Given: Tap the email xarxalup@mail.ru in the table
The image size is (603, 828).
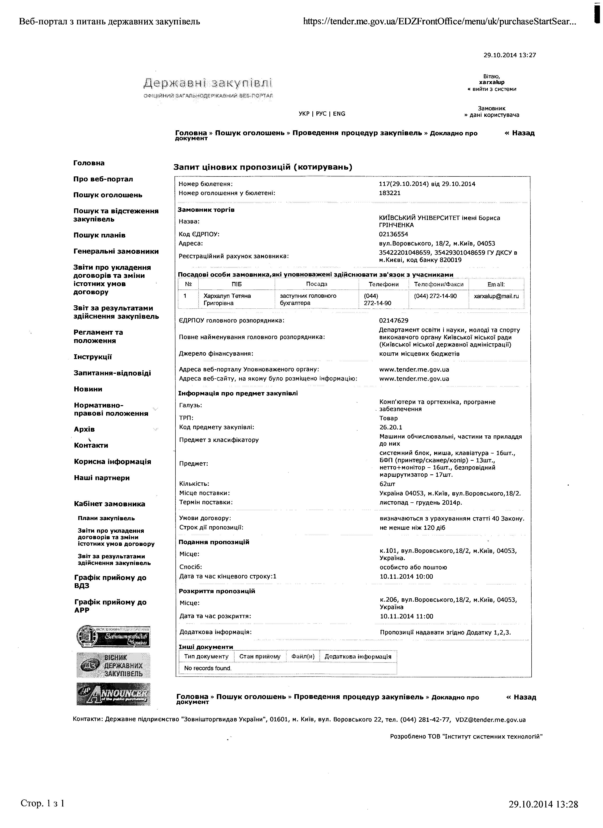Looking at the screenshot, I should pyautogui.click(x=496, y=296).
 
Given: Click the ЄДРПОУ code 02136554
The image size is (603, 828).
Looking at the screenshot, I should pyautogui.click(x=393, y=234).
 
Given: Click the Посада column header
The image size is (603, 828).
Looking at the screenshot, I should pyautogui.click(x=316, y=284).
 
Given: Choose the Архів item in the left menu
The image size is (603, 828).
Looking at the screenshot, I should pyautogui.click(x=84, y=429).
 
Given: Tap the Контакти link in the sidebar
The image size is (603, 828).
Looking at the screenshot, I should pyautogui.click(x=91, y=445).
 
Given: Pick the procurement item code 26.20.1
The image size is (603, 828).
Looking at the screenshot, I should pyautogui.click(x=391, y=427).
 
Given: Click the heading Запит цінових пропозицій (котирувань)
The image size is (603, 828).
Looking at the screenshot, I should pyautogui.click(x=263, y=167).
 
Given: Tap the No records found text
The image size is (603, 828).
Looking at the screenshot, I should pyautogui.click(x=208, y=668).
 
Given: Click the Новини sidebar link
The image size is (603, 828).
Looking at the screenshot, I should pyautogui.click(x=88, y=389).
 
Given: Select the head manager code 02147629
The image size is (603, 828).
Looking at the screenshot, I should pyautogui.click(x=393, y=320).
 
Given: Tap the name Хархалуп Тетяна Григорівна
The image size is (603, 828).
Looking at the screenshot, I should pyautogui.click(x=227, y=299).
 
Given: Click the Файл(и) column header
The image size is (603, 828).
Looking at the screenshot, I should pyautogui.click(x=303, y=656).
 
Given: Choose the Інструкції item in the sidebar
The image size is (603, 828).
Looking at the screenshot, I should pyautogui.click(x=93, y=357).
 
